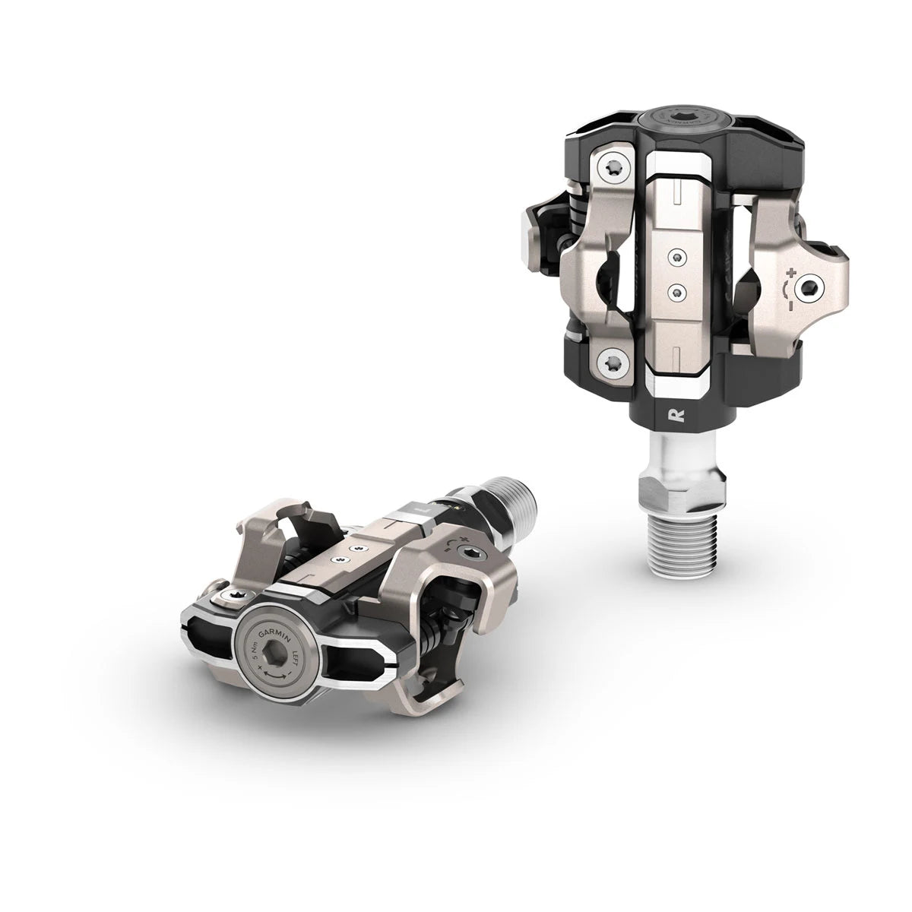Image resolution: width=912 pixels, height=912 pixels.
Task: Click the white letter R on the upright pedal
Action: click(673, 415)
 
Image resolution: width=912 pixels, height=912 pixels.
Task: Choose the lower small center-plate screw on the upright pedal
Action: click(673, 290)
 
